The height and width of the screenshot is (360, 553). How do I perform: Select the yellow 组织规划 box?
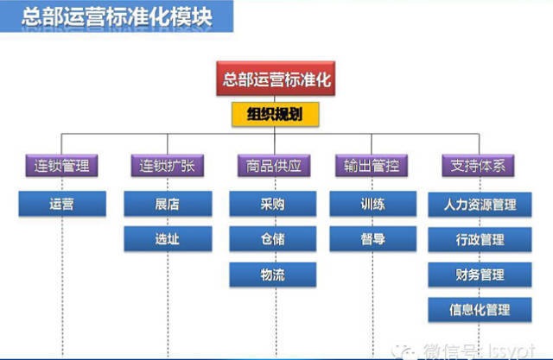coord(274,115)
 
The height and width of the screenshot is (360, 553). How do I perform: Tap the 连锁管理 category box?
coord(62,164)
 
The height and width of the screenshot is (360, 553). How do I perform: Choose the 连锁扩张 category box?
coord(168,164)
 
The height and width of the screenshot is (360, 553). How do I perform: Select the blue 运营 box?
coord(62,204)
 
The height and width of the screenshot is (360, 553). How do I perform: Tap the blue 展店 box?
coord(168,204)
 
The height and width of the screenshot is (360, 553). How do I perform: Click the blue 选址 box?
coord(168,238)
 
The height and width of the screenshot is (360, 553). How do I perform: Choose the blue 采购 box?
coord(273,204)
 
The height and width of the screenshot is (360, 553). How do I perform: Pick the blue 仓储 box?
coord(273,238)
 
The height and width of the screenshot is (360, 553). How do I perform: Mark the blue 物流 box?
coord(273,274)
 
